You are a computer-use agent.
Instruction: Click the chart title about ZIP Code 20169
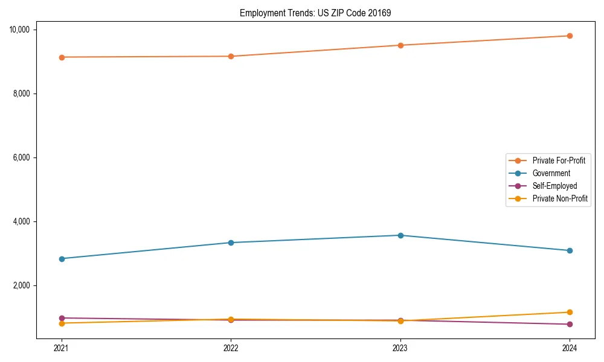coord(315,13)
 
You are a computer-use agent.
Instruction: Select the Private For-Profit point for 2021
coord(61,57)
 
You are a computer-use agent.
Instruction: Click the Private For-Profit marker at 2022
coord(231,56)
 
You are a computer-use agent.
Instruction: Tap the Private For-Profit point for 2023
coord(400,45)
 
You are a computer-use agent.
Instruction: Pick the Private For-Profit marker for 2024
coord(570,36)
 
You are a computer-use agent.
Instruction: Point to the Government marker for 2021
coord(61,259)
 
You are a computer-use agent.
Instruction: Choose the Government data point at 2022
coord(231,243)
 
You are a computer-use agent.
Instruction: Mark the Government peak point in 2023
coord(400,235)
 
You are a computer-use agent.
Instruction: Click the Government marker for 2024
coord(570,250)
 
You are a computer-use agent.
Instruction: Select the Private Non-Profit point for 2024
coord(570,312)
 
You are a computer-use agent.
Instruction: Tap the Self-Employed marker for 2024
coord(570,324)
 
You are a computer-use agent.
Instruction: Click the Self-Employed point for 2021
coord(61,318)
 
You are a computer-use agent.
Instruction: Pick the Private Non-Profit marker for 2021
coord(61,323)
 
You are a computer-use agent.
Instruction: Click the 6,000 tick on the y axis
coord(25,157)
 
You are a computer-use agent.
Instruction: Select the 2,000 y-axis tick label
coord(25,285)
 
